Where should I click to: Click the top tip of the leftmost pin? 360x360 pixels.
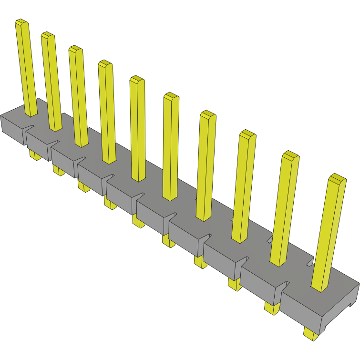point(22,22)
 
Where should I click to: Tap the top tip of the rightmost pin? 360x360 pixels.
point(337,178)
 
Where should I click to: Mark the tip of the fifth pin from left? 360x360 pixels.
point(137,79)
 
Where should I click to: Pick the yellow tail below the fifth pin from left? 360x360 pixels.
point(139,221)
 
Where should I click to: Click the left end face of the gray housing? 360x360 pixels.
point(12,129)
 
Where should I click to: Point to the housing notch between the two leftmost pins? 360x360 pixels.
point(30,127)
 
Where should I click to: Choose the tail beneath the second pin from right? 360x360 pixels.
point(272,308)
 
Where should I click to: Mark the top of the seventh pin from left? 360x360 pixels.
point(208,114)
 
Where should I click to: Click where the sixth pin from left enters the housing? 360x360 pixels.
point(170,196)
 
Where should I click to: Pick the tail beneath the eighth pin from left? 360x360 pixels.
point(234,284)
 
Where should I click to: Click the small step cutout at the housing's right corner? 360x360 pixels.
point(352,301)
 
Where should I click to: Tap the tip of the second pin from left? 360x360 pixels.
point(47,35)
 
